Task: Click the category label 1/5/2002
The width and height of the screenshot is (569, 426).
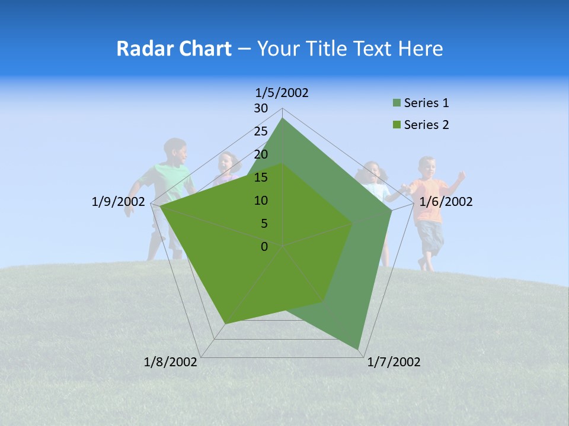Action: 282,92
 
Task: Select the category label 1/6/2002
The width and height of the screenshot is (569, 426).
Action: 446,202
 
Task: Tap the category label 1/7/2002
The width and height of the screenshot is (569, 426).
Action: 394,362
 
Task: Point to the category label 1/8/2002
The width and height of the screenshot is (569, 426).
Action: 171,362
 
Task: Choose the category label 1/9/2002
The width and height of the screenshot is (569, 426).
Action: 119,202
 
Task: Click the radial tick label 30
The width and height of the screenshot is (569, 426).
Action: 261,108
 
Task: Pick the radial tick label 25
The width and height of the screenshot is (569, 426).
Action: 261,131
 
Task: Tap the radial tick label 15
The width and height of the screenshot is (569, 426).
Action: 261,177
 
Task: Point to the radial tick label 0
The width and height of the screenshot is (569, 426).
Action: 264,247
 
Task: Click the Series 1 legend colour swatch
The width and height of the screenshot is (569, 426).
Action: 397,104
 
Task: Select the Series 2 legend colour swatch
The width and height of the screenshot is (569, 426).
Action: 397,125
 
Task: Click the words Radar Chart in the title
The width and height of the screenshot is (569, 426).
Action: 174,49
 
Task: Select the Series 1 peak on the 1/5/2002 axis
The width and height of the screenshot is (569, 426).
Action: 283,118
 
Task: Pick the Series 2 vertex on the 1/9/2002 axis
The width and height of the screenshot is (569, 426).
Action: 161,207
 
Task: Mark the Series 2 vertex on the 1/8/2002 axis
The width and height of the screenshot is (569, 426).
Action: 225,324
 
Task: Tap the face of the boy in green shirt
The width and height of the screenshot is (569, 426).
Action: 177,153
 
